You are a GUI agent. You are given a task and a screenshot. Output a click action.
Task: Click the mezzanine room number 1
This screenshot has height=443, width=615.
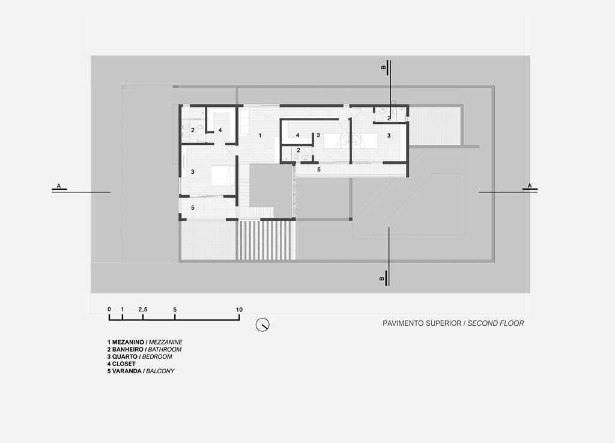click(260, 135)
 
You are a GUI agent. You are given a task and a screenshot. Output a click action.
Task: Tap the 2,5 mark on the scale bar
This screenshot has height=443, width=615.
click(143, 310)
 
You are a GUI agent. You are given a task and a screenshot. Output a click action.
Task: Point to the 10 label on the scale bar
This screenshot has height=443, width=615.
click(239, 310)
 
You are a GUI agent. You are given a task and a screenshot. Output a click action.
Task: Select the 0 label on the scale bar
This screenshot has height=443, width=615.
click(109, 309)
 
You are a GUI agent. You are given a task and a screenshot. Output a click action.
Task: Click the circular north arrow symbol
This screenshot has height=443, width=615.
click(262, 325)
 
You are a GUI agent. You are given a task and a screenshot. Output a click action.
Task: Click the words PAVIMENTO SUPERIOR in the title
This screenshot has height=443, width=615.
click(422, 323)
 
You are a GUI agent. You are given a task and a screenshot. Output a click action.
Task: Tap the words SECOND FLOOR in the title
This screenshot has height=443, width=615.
click(495, 323)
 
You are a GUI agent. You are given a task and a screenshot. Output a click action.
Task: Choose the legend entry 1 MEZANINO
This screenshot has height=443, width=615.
click(126, 342)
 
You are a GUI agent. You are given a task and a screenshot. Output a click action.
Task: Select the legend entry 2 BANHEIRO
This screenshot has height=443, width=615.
click(126, 349)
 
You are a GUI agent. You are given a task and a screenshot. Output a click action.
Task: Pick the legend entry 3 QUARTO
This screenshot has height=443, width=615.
click(123, 356)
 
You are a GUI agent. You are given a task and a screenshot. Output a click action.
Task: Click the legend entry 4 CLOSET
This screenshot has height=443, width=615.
click(121, 364)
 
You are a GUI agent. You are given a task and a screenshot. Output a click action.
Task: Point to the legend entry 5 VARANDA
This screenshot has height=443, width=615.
click(124, 371)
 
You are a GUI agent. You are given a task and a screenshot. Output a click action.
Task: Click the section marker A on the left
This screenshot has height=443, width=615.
click(59, 187)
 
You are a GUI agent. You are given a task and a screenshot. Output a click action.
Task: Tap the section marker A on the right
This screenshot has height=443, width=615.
click(530, 187)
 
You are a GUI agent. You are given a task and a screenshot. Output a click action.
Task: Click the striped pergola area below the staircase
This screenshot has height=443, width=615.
click(265, 240)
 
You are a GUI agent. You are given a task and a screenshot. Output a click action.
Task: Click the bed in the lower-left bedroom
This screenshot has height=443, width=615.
click(222, 176)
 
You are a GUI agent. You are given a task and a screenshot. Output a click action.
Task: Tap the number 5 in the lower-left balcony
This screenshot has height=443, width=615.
click(193, 207)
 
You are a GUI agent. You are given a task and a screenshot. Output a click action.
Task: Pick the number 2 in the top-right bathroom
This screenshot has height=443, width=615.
click(389, 118)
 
